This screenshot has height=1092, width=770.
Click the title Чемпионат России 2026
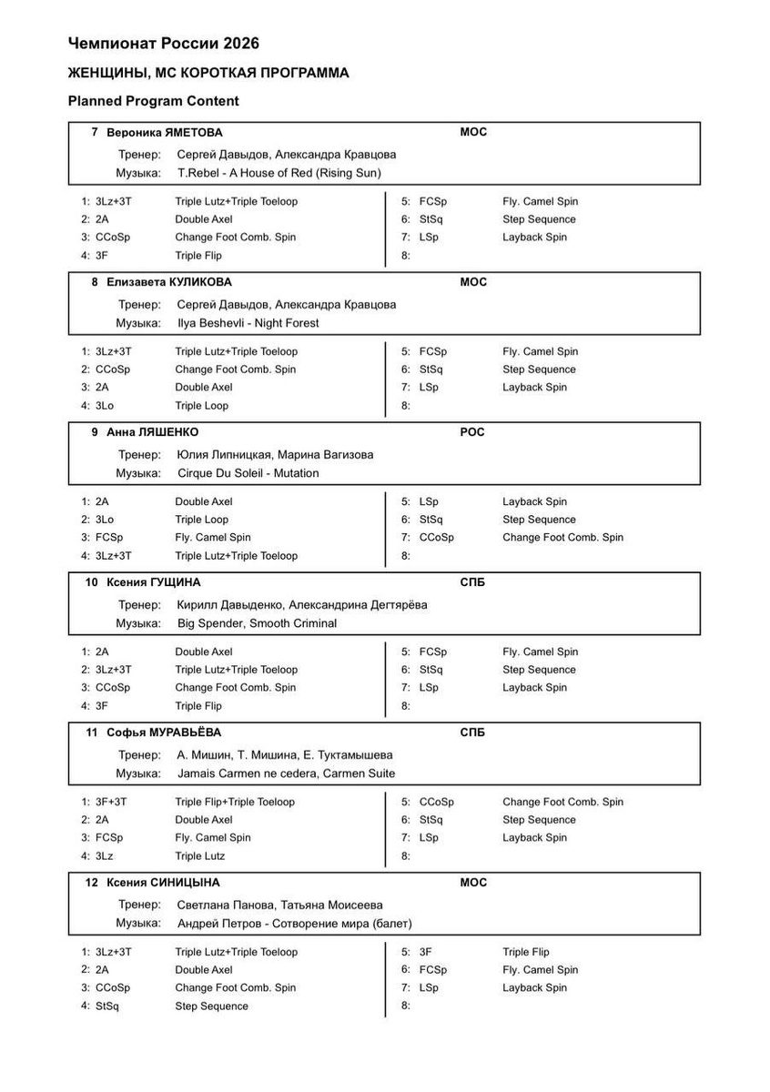(164, 44)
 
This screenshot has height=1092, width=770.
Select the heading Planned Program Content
(153, 101)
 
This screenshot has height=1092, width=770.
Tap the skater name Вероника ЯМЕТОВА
(164, 132)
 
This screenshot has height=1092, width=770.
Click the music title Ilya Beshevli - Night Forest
(248, 323)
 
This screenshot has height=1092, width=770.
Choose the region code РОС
(472, 432)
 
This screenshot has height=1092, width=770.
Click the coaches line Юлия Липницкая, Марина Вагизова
(275, 454)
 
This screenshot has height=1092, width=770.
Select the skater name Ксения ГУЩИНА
(154, 582)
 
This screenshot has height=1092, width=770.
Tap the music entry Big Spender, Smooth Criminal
(257, 623)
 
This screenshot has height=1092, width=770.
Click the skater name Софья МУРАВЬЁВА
(164, 733)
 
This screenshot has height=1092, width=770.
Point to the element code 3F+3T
(111, 802)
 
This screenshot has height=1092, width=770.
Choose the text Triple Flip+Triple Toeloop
(236, 802)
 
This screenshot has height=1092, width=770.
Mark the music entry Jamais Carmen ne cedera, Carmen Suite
(287, 773)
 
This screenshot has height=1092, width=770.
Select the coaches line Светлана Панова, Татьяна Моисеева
(280, 905)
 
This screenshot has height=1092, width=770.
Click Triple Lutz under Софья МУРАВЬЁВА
(200, 855)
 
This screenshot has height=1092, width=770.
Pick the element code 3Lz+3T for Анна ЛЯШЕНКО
(114, 555)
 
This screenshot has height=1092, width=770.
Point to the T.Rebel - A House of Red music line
(279, 173)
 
